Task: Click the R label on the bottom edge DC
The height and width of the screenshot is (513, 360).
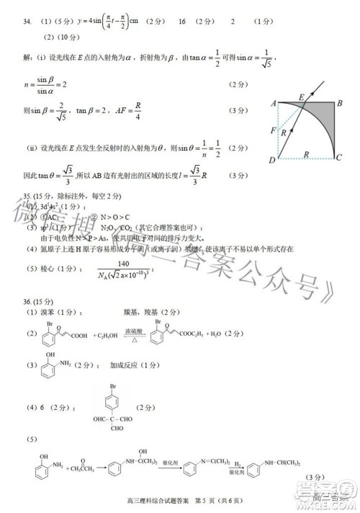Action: (307, 153)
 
